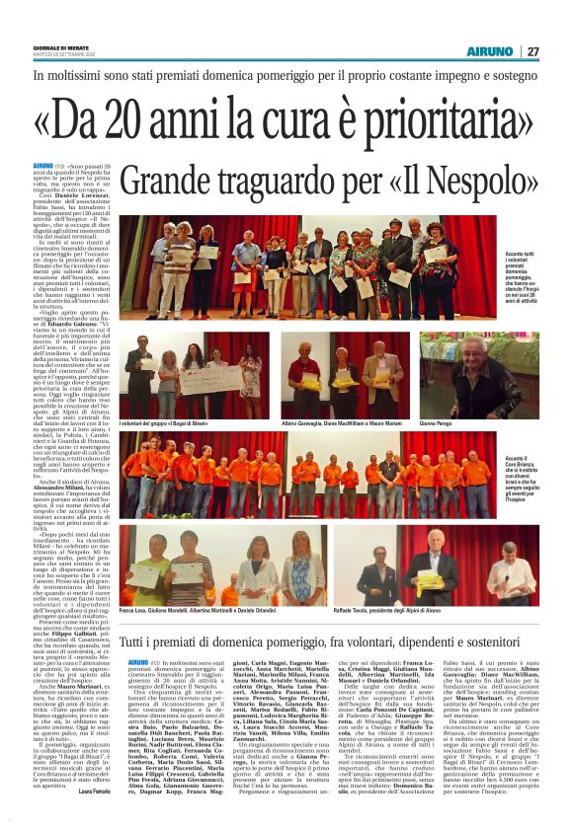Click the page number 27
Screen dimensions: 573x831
pos(532,51)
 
